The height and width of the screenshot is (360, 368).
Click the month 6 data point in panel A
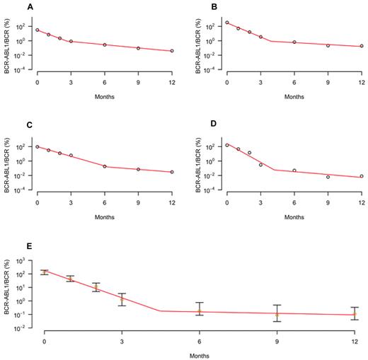(x=105, y=45)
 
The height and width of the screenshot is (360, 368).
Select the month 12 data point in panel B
(x=362, y=46)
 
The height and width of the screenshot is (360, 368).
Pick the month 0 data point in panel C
(x=37, y=146)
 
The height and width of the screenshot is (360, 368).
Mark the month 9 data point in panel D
(x=328, y=177)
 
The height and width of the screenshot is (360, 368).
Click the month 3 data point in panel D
(x=260, y=165)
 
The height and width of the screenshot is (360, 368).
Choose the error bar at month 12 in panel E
(x=355, y=313)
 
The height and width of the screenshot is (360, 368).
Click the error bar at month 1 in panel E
(x=70, y=279)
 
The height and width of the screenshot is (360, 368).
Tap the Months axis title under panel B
(x=294, y=95)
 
